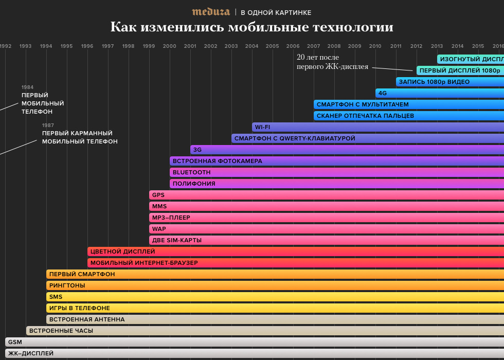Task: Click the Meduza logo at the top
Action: [211, 12]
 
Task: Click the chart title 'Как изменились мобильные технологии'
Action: [251, 27]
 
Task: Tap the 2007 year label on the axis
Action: [313, 46]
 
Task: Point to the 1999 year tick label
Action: [149, 46]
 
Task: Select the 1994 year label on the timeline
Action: [46, 46]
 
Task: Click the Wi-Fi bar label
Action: [262, 127]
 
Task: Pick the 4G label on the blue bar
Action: [383, 93]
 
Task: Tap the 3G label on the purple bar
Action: [197, 150]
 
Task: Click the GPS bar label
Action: [158, 195]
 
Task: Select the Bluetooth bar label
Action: [191, 172]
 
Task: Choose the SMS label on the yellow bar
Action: [56, 297]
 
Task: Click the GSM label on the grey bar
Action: [15, 342]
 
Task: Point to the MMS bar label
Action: [159, 206]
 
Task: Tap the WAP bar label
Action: [159, 229]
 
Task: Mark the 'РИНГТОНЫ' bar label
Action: [67, 285]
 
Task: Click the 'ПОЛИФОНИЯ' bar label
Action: [194, 184]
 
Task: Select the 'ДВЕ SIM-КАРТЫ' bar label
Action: [177, 240]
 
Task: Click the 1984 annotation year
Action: [27, 87]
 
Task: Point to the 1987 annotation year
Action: [48, 125]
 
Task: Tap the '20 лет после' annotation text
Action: [318, 57]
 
